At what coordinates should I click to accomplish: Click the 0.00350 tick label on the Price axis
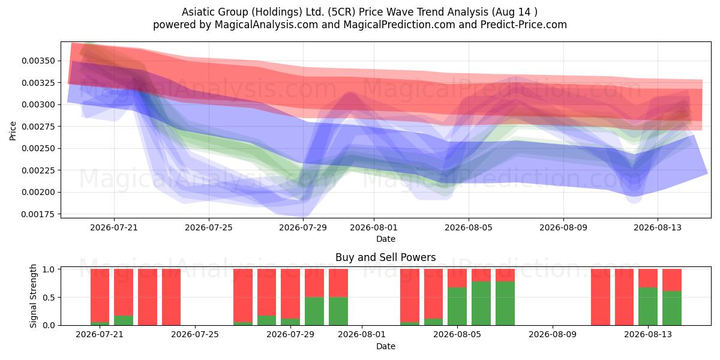pyautogui.click(x=38, y=61)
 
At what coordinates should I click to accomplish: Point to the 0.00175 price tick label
pyautogui.click(x=38, y=214)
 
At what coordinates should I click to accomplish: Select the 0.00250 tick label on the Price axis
pyautogui.click(x=38, y=149)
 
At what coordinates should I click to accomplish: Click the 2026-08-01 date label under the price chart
pyautogui.click(x=373, y=227)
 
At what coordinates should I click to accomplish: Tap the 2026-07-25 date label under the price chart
pyautogui.click(x=209, y=227)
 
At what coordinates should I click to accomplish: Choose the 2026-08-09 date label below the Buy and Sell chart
pyautogui.click(x=553, y=335)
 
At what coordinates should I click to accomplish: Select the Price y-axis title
pyautogui.click(x=13, y=131)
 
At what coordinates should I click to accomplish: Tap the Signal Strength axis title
pyautogui.click(x=33, y=296)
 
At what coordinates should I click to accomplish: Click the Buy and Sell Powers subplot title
pyautogui.click(x=385, y=257)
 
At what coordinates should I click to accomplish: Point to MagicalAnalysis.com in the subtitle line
pyautogui.click(x=266, y=25)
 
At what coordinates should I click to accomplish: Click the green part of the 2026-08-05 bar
pyautogui.click(x=457, y=307)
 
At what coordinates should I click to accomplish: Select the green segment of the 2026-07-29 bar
pyautogui.click(x=290, y=322)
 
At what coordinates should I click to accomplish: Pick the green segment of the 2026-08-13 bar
pyautogui.click(x=647, y=307)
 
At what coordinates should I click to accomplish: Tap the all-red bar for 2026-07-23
pyautogui.click(x=148, y=297)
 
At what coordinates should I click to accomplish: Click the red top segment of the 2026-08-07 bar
pyautogui.click(x=505, y=275)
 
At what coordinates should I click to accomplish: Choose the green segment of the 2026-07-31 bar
pyautogui.click(x=338, y=311)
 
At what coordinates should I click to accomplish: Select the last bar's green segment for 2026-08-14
pyautogui.click(x=672, y=308)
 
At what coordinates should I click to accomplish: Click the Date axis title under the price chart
pyautogui.click(x=386, y=239)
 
